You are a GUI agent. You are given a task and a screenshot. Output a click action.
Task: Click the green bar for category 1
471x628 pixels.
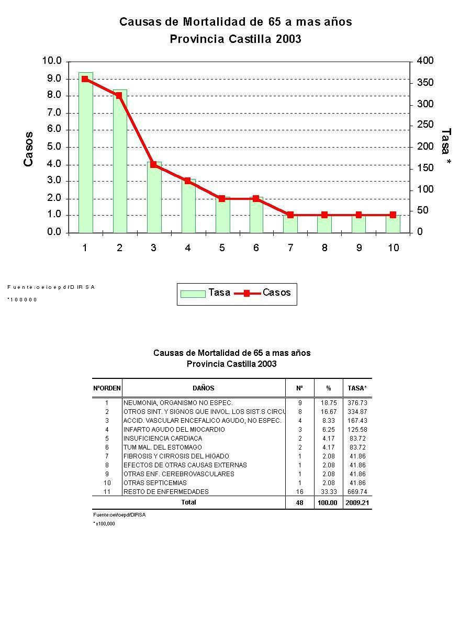(85, 157)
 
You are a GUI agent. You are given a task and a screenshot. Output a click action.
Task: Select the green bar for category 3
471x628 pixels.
(154, 199)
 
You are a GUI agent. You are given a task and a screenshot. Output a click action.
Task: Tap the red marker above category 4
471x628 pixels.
(187, 181)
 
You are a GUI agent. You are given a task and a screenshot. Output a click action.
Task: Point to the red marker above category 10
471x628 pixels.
(393, 215)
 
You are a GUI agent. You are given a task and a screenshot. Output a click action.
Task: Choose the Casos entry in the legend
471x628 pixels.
(264, 293)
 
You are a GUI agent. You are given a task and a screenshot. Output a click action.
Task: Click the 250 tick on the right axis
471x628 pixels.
(425, 125)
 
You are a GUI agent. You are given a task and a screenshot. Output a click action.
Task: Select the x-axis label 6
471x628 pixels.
(256, 248)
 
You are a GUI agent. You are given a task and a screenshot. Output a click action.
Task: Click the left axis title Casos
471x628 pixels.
(29, 149)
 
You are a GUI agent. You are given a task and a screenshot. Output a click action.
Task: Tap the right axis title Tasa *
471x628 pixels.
(446, 148)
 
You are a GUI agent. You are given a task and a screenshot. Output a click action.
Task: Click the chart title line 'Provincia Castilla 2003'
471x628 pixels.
(235, 39)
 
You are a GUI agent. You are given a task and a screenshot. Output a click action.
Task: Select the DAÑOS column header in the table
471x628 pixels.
(203, 388)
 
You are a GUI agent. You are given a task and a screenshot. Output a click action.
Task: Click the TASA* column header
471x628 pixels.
(357, 388)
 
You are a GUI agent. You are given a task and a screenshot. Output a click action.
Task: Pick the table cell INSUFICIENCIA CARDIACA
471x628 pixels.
(163, 439)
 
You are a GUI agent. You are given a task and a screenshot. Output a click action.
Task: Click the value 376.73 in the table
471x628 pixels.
(357, 403)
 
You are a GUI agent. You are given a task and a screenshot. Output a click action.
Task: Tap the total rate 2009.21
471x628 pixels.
(357, 503)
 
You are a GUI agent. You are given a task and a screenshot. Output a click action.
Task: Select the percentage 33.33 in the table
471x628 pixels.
(329, 492)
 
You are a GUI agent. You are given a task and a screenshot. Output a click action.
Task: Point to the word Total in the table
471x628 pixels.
(188, 502)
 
